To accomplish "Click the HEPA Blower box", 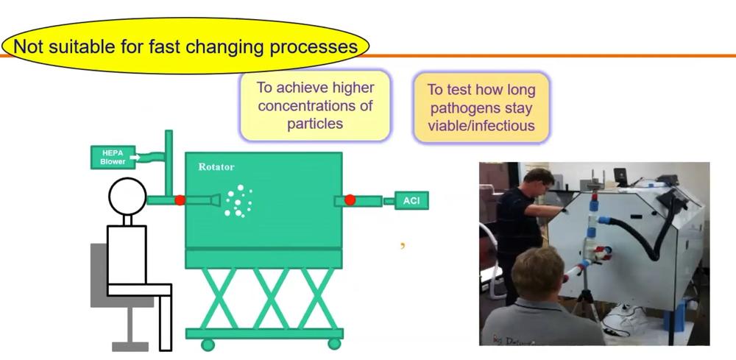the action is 113,158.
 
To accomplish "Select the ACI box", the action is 411,201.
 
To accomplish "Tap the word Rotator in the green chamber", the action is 216,166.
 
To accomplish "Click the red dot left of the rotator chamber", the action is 180,200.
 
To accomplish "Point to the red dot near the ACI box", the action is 350,200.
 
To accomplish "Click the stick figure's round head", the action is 127,196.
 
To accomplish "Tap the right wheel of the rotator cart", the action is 334,344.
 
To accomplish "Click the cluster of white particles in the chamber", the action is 238,201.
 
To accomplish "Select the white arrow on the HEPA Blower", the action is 134,158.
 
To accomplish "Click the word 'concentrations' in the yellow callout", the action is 315,105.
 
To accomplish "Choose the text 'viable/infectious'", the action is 481,126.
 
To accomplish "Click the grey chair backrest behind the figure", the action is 99,275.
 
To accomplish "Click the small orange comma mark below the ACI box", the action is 403,245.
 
